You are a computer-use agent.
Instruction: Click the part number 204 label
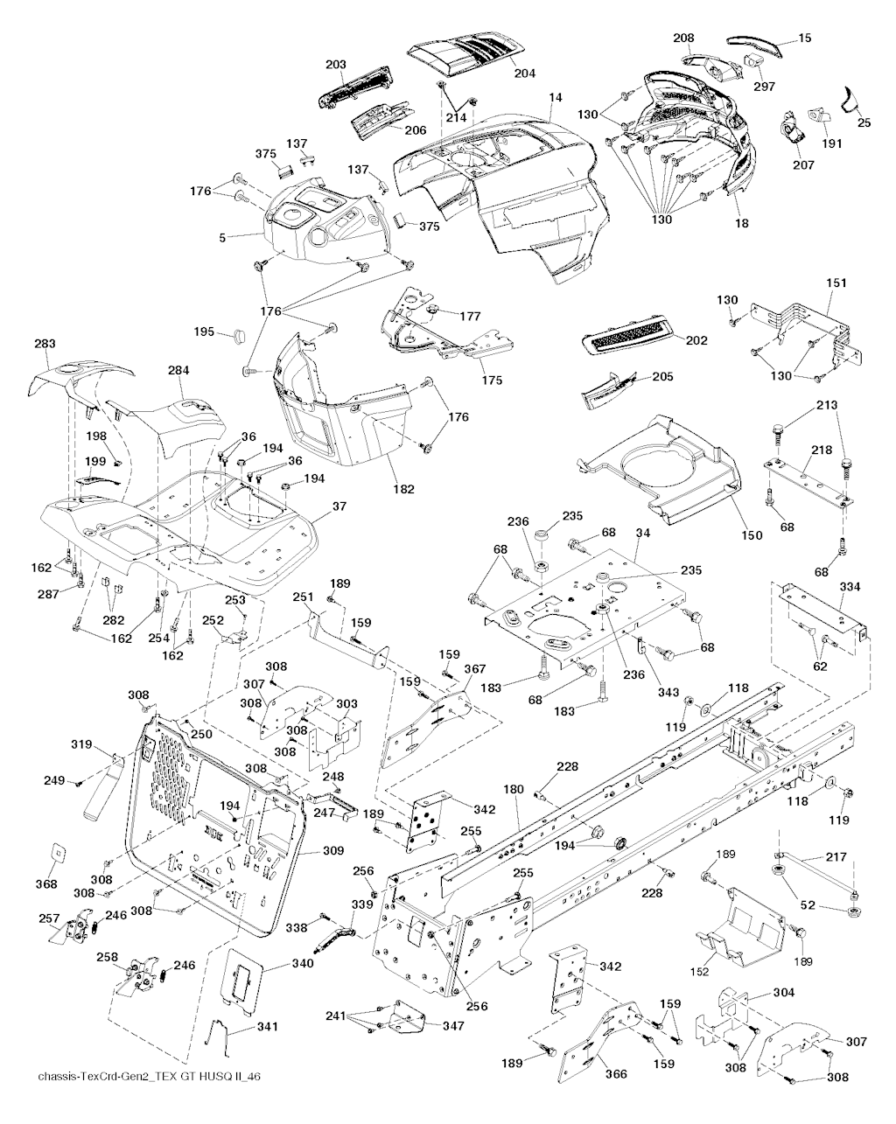[x=524, y=73]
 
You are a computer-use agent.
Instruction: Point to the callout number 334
[x=849, y=586]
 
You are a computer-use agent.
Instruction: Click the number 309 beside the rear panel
[x=333, y=850]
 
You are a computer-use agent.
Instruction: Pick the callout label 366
[x=617, y=1074]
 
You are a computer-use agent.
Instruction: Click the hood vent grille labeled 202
[x=627, y=339]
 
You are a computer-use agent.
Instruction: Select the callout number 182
[x=404, y=489]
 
